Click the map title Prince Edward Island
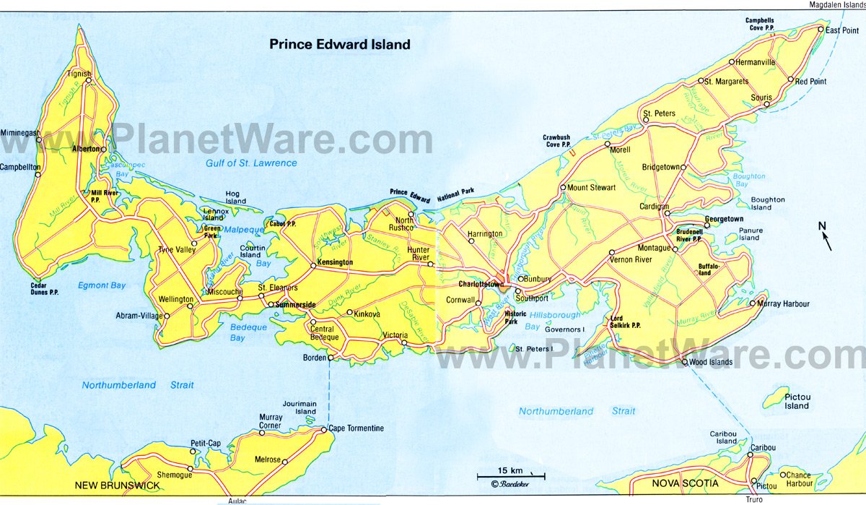pyautogui.click(x=340, y=44)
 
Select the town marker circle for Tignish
pyautogui.click(x=88, y=81)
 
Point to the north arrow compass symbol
pyautogui.click(x=825, y=238)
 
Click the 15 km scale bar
pyautogui.click(x=510, y=476)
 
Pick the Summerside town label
pyautogui.click(x=296, y=306)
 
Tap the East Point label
pyautogui.click(x=841, y=30)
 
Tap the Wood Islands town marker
pyautogui.click(x=684, y=362)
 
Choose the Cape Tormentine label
pyautogui.click(x=357, y=428)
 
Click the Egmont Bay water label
pyautogui.click(x=101, y=285)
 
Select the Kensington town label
pyautogui.click(x=335, y=261)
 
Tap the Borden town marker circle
pyautogui.click(x=331, y=358)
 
